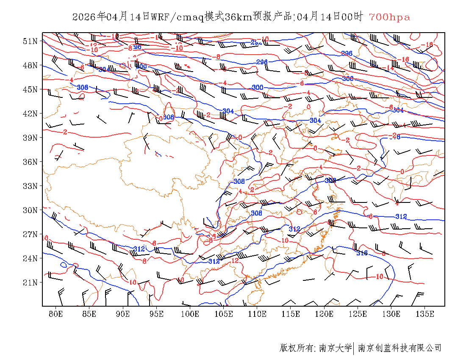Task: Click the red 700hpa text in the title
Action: [389, 17]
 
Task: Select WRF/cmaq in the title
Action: [177, 17]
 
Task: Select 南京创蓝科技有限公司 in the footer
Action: [400, 348]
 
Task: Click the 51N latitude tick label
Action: [31, 41]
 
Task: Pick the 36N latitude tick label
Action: [31, 162]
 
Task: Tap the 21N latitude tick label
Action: [31, 282]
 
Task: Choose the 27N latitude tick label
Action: [31, 234]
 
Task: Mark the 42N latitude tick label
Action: [31, 114]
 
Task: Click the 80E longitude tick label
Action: [56, 314]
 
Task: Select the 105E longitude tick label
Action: [224, 314]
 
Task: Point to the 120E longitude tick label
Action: [325, 314]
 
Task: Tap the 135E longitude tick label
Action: [425, 314]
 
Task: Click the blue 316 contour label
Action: [362, 253]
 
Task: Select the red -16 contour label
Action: [404, 59]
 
